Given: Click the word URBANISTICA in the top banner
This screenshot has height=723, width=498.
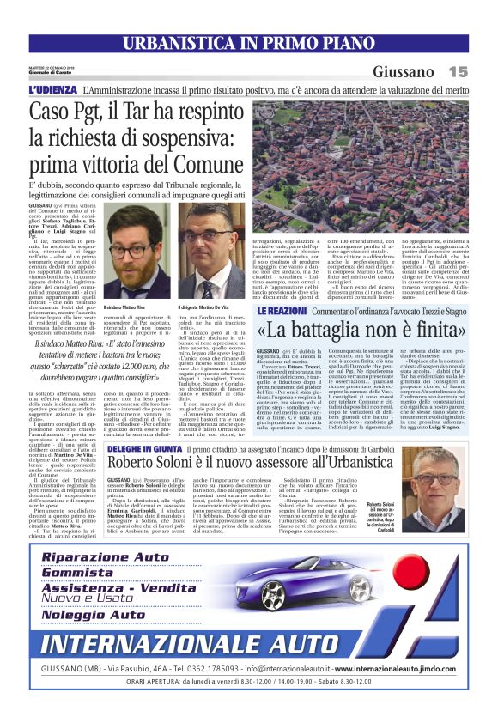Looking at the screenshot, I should pyautogui.click(x=172, y=43).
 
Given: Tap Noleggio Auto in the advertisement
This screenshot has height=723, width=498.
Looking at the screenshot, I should pyautogui.click(x=94, y=615).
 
